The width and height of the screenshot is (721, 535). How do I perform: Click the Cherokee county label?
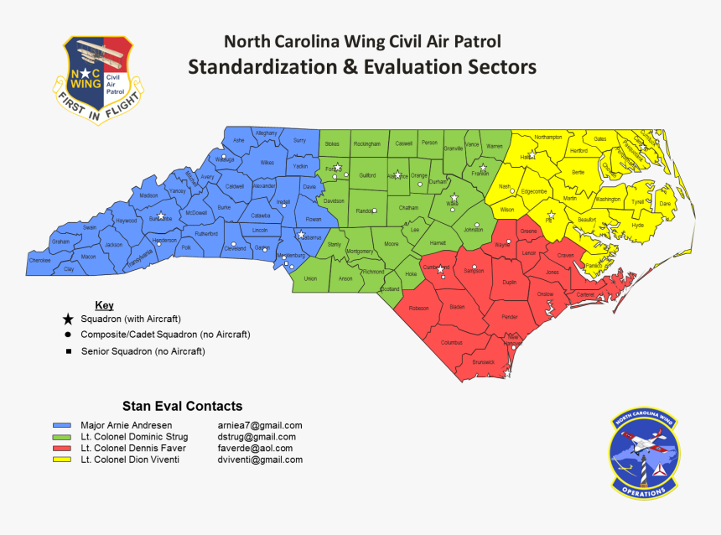40,260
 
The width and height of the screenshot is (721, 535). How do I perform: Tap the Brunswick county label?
484,361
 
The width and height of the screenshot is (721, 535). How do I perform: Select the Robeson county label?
418,309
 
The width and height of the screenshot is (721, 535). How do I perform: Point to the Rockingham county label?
366,144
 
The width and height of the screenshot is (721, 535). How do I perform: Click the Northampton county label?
547,137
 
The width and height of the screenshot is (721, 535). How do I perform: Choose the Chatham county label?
408,207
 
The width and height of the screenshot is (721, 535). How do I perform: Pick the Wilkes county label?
267,162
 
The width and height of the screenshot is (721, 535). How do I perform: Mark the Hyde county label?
637,225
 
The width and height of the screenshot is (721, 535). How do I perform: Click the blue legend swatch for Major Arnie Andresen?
60,425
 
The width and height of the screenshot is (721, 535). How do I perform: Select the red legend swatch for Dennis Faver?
60,449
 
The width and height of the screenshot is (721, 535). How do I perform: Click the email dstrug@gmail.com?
257,437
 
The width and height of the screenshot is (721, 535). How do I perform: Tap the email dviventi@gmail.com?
260,460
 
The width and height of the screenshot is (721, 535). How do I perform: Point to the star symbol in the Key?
68,319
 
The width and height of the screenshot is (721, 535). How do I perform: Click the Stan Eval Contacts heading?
182,406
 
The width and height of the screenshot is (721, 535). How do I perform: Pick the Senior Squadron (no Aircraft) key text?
143,351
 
